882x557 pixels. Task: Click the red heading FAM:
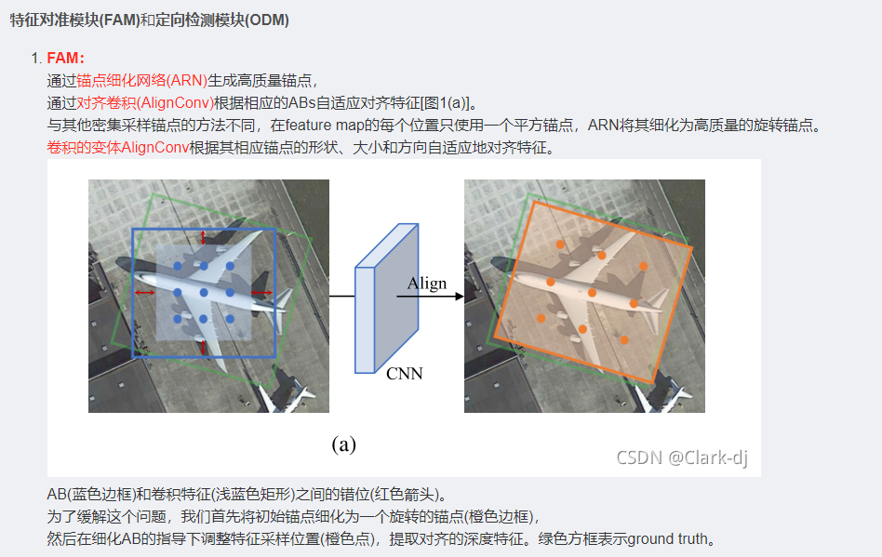65,58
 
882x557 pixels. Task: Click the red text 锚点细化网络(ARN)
141,80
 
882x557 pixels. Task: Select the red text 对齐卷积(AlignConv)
145,103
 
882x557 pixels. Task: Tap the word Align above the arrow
427,284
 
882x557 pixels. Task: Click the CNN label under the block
405,374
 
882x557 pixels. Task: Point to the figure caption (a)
343,444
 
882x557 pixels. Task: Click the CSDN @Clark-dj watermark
682,458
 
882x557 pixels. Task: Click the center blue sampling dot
204,292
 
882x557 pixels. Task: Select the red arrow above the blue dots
203,237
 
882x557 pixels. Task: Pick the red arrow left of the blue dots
144,292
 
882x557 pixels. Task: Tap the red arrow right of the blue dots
261,292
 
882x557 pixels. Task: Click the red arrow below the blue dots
203,347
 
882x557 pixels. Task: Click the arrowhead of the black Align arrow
460,297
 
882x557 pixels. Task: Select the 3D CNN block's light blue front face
365,320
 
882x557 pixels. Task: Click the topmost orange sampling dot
560,245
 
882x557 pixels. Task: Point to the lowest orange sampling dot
624,339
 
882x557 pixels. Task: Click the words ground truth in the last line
667,539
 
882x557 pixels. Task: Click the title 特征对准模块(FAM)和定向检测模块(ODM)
150,20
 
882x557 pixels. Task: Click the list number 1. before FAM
36,58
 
